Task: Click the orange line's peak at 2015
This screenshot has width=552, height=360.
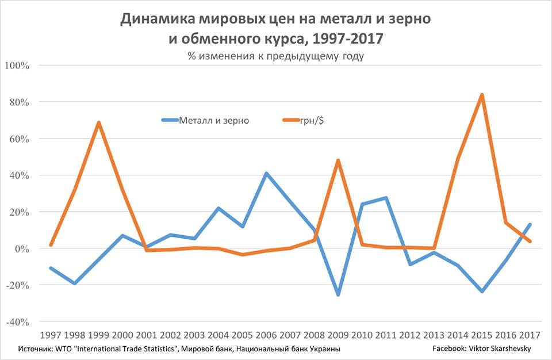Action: [x=482, y=95]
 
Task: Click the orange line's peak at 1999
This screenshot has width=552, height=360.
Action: [x=99, y=122]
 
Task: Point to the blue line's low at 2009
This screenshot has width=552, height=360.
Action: [x=338, y=294]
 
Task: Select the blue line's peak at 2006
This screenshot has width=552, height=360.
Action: [x=267, y=173]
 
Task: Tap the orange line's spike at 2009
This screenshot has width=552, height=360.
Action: [x=338, y=160]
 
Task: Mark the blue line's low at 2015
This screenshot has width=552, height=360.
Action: [x=482, y=292]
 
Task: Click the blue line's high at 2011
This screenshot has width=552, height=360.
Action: [x=386, y=198]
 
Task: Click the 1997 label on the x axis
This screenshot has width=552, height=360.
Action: [x=51, y=335]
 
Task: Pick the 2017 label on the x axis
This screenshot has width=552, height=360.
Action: [x=530, y=335]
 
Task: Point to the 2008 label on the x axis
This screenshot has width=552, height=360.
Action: [x=314, y=335]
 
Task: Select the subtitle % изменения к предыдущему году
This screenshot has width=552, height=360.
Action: [x=275, y=56]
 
